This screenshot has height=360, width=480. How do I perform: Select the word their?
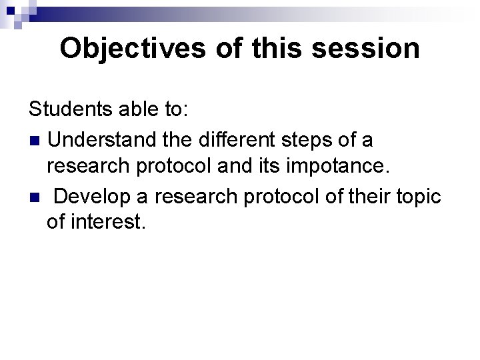pos(359,198)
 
